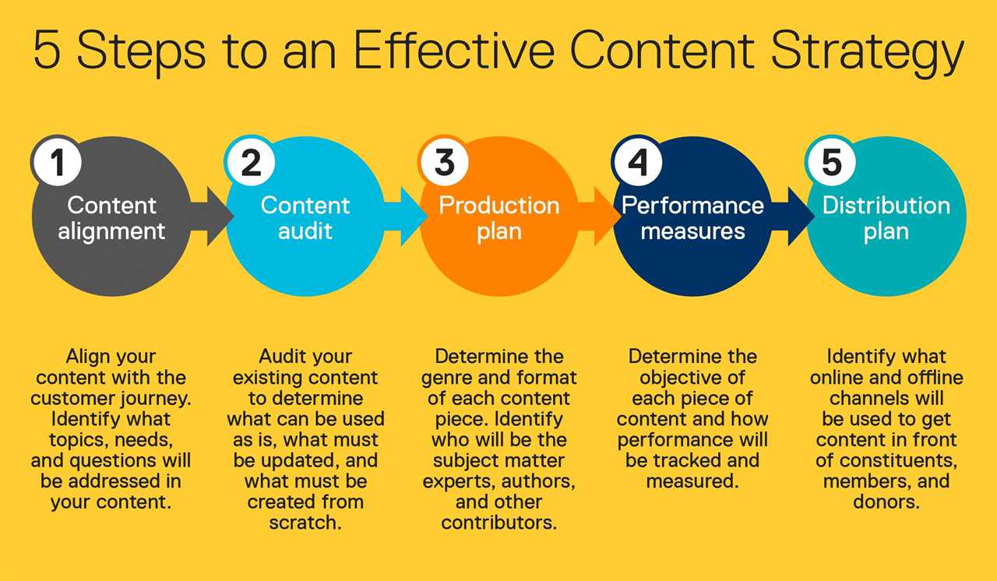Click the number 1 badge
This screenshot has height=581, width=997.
57,162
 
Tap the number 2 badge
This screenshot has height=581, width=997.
251,162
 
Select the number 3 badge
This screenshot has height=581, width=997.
444,162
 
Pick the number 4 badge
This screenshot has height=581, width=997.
638,162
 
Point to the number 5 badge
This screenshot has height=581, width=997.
831,162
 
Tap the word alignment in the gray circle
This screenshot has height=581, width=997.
111,231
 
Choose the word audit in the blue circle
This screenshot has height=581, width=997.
305,231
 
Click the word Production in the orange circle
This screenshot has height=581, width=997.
499,206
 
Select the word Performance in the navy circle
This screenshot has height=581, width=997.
692,206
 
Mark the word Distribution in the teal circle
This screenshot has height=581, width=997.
886,206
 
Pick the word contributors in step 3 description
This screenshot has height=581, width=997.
498,523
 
